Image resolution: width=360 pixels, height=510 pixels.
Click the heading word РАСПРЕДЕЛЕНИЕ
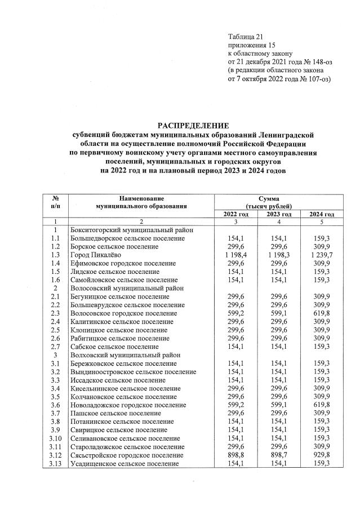(193, 125)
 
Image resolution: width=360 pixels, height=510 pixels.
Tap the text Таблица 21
(245, 35)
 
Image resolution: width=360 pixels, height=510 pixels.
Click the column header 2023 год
(279, 214)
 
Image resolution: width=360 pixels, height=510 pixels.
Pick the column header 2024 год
(322, 214)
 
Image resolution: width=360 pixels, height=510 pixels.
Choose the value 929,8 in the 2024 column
(322, 455)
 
